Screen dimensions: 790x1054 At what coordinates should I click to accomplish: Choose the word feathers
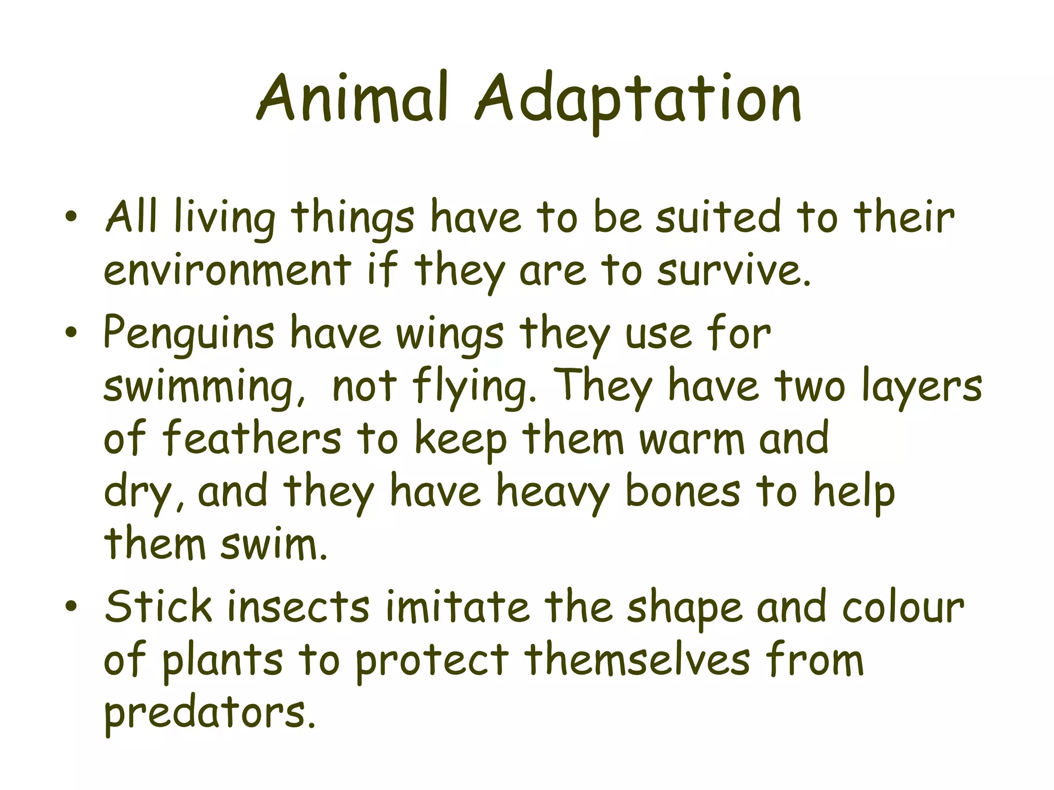pos(252,438)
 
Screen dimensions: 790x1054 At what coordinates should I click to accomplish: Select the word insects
pos(298,607)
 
